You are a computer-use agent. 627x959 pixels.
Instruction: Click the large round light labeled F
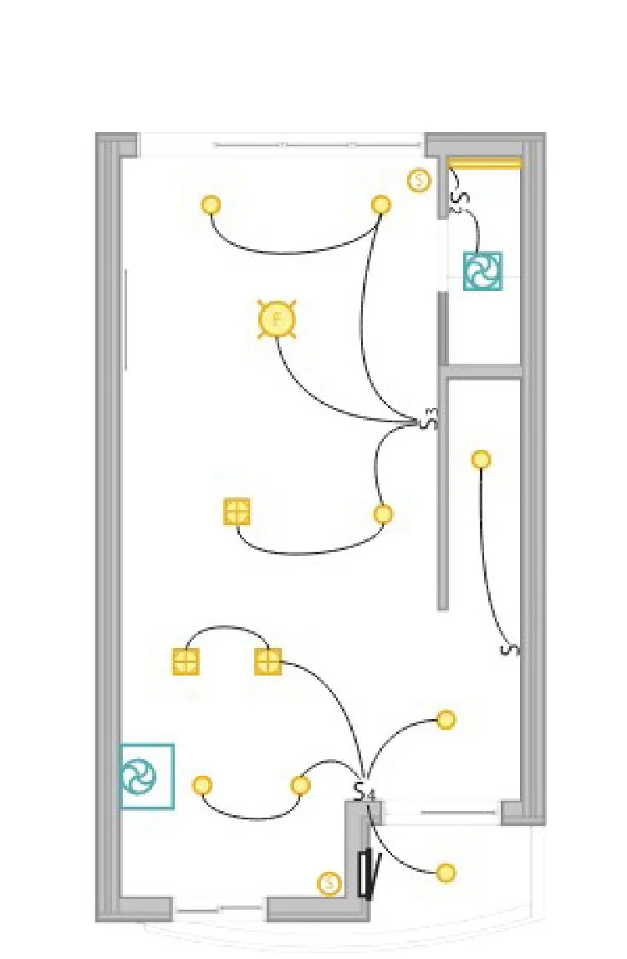click(278, 319)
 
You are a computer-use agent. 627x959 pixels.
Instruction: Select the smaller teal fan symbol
click(483, 271)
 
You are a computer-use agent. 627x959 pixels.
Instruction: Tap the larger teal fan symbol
click(146, 777)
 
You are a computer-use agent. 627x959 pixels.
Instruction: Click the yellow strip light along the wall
click(484, 163)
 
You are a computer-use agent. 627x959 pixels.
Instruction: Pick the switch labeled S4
click(362, 791)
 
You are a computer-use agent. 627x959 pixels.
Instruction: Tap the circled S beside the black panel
click(329, 883)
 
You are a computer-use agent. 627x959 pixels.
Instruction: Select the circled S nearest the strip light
click(419, 180)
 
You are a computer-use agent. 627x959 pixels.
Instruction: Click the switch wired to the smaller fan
click(459, 198)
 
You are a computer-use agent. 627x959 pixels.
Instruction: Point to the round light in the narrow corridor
click(481, 459)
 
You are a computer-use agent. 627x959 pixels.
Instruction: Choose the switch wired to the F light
click(430, 419)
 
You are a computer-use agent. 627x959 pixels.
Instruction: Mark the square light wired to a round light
click(237, 512)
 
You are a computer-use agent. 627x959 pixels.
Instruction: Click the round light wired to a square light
click(383, 514)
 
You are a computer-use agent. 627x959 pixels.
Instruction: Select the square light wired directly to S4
click(268, 662)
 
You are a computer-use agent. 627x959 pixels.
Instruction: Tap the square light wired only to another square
click(186, 662)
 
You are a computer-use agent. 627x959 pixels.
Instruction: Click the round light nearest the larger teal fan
click(202, 785)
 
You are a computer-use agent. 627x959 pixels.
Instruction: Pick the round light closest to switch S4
click(300, 785)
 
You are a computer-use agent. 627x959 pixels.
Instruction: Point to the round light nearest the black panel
click(446, 873)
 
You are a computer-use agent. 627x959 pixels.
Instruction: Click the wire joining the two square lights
click(227, 627)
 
